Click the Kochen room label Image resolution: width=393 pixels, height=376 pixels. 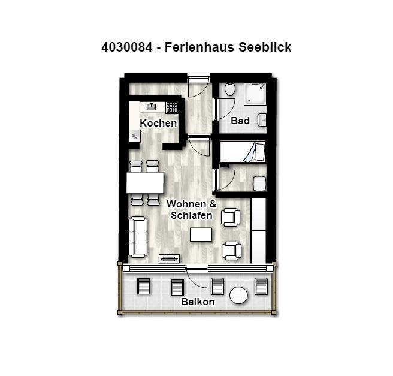158,123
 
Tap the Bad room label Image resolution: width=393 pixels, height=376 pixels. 240,121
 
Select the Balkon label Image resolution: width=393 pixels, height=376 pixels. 198,302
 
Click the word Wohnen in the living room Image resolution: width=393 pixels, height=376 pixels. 186,204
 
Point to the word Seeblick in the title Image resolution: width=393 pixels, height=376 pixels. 265,47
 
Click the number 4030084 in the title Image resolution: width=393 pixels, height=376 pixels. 127,47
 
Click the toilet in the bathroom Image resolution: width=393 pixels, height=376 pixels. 229,89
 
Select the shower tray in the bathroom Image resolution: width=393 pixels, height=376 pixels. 255,94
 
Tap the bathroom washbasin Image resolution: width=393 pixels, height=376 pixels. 262,120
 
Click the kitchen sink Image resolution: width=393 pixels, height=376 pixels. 151,107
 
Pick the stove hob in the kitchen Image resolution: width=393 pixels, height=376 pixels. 172,107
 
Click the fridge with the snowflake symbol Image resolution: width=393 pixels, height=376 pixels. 135,136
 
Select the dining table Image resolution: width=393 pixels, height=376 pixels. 145,182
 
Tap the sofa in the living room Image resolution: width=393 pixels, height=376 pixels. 138,237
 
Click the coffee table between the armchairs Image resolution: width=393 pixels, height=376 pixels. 201,234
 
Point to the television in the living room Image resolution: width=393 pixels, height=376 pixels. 169,258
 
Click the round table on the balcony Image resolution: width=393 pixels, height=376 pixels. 238,295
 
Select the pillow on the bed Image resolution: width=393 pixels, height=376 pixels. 260,152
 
